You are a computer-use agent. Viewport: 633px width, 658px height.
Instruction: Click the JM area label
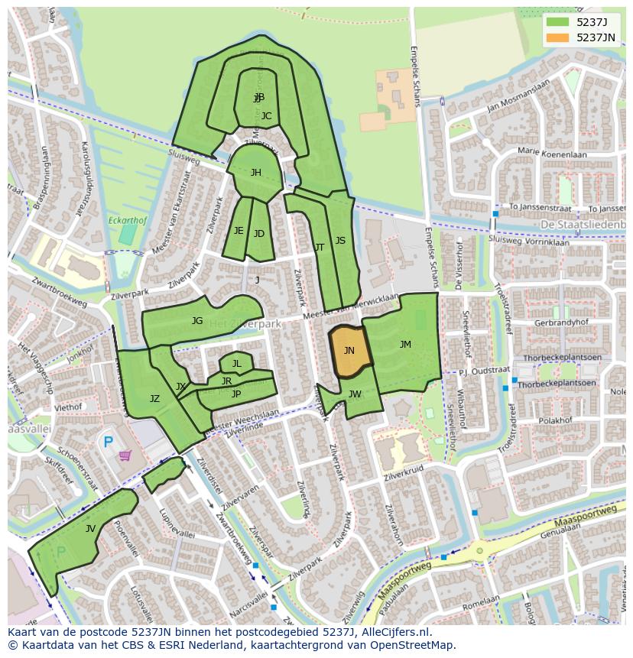(x=405, y=345)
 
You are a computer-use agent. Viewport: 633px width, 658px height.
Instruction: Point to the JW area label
(x=355, y=394)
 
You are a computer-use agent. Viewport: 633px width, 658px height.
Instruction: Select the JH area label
(x=256, y=173)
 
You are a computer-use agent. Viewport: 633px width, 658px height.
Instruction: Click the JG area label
(x=197, y=321)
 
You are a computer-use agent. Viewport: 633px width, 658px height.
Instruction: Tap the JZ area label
(x=154, y=399)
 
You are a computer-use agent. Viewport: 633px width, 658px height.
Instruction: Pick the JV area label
(x=90, y=528)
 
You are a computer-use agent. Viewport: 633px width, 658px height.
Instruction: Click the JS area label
(x=340, y=241)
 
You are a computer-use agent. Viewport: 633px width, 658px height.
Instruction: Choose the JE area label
(x=239, y=231)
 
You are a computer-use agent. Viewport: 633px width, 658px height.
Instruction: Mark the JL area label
(x=237, y=364)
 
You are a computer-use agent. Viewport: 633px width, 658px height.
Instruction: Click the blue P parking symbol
(x=108, y=442)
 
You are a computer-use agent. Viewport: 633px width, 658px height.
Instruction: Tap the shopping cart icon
(x=125, y=455)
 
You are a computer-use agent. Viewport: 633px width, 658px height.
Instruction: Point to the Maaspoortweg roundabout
(x=479, y=549)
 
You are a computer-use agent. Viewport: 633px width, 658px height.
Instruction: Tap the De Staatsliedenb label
(x=581, y=224)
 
